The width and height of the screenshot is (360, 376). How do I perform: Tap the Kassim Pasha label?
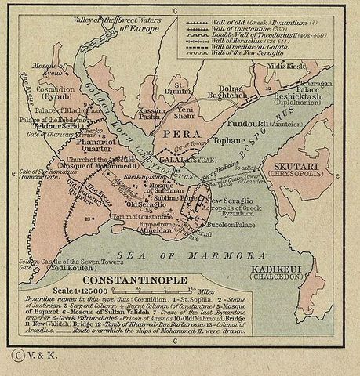[x=149, y=114]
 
